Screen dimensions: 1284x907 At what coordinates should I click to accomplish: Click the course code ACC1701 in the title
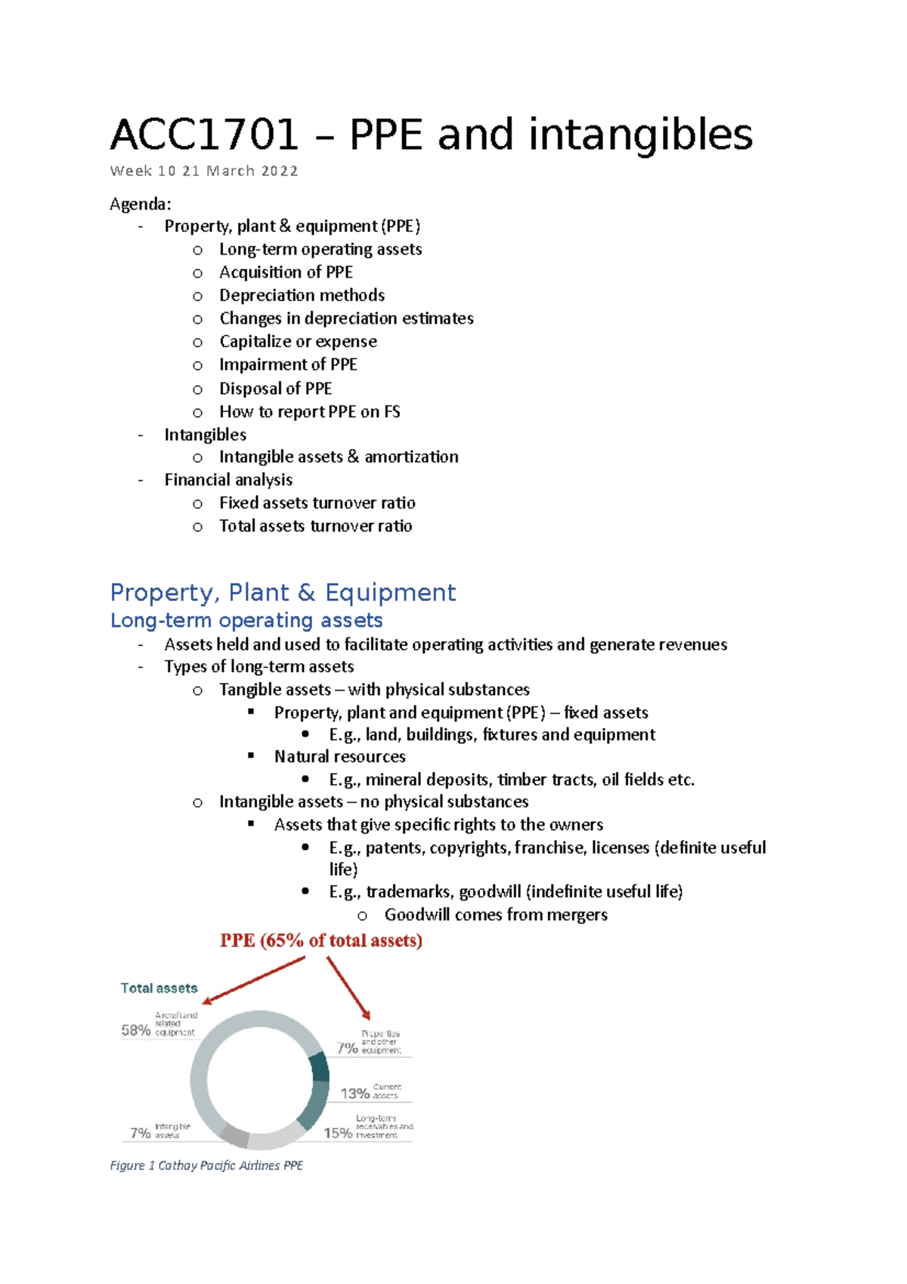click(204, 135)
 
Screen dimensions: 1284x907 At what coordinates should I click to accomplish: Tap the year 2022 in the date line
click(280, 171)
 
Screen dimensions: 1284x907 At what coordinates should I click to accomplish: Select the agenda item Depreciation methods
click(302, 295)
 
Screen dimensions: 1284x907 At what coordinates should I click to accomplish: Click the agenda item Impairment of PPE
click(288, 364)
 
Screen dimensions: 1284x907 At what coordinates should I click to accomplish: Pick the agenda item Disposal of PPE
click(275, 389)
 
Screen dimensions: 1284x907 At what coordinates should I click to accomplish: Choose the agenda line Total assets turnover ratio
click(315, 526)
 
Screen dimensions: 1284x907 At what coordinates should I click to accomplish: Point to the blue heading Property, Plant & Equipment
click(283, 592)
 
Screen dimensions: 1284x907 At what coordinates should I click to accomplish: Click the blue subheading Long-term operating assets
click(246, 620)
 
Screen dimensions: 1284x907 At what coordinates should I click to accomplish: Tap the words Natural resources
click(339, 757)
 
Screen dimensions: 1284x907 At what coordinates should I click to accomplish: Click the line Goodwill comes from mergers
click(495, 915)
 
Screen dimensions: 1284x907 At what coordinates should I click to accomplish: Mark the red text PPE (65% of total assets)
click(321, 941)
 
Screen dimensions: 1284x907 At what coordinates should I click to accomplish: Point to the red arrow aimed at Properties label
click(349, 988)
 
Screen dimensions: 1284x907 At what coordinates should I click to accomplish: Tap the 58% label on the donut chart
click(136, 1030)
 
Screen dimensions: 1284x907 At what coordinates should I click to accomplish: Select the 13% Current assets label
click(355, 1093)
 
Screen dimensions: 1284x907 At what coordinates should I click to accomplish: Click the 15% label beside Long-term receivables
click(338, 1133)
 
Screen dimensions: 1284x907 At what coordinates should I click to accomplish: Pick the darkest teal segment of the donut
click(320, 1066)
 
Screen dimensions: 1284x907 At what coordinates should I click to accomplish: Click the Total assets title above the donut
click(159, 988)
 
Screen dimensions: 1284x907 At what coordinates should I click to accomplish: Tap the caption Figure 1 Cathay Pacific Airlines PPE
click(206, 1165)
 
